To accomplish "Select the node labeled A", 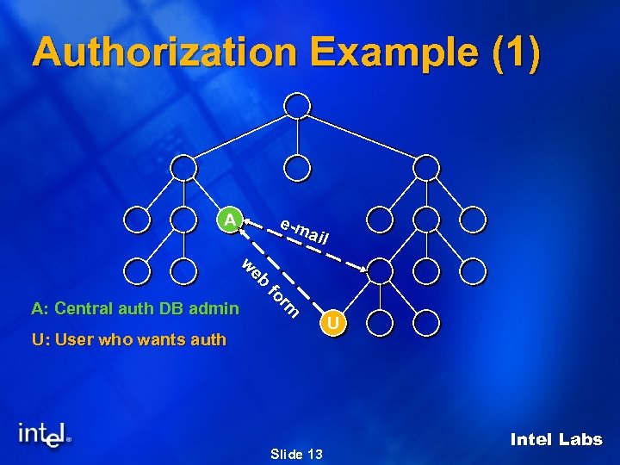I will pos(230,220).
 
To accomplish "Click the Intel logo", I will pos(45,435).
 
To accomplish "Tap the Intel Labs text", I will pos(555,440).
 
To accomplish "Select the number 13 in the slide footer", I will pos(314,454).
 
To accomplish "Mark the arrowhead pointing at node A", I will pos(245,223).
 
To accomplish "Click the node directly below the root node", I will pos(296,167).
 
